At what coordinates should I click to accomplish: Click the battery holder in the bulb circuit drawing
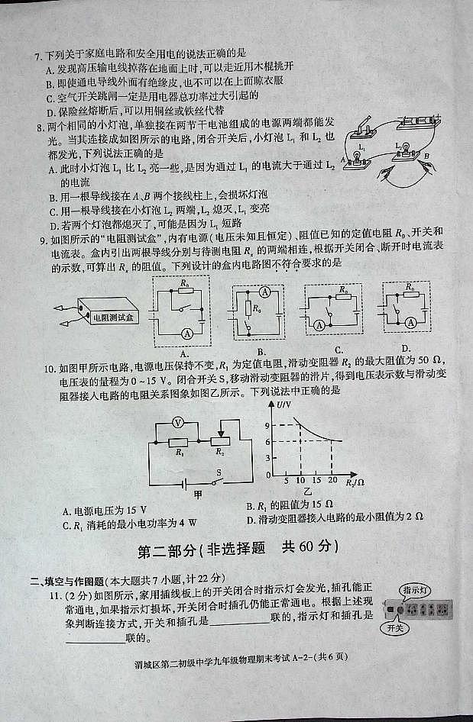(x=414, y=121)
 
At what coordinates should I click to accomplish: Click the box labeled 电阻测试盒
(x=112, y=315)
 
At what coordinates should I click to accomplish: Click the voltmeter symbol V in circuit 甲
(x=177, y=422)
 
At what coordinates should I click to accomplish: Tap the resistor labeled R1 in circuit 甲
(x=178, y=442)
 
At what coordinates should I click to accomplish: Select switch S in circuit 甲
(x=219, y=482)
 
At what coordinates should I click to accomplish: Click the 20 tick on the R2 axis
(x=332, y=480)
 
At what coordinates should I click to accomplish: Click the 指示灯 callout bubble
(x=415, y=589)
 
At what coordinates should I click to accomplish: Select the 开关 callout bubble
(x=395, y=628)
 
